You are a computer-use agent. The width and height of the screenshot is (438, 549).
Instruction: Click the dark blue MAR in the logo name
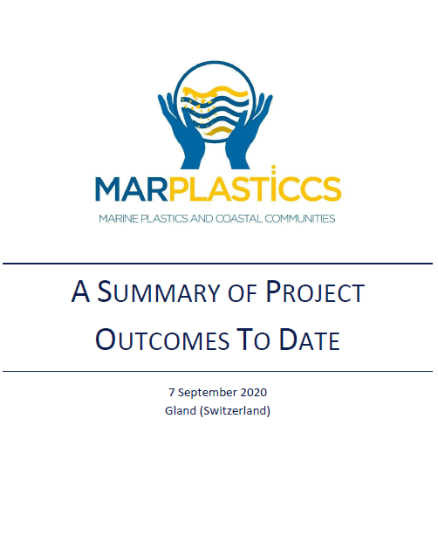(x=131, y=189)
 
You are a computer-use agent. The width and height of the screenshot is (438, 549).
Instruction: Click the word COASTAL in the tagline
(x=238, y=218)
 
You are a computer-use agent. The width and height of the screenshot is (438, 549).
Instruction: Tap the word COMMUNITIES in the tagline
(x=300, y=218)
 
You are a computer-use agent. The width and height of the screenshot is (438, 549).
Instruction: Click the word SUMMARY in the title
(x=158, y=292)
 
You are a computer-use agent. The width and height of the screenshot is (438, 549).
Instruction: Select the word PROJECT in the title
(x=315, y=292)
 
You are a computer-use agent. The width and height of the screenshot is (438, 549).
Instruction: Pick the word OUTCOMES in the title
(x=162, y=340)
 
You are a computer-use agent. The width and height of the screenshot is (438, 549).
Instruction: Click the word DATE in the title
(x=310, y=340)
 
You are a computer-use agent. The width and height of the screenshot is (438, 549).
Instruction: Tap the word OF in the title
(x=243, y=293)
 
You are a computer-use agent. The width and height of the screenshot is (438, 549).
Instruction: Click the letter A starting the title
(x=80, y=292)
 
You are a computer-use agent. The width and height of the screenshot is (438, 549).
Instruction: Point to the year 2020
(x=254, y=392)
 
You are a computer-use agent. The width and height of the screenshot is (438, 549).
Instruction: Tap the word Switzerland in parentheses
(x=235, y=410)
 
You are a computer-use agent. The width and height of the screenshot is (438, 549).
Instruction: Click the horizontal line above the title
(x=217, y=264)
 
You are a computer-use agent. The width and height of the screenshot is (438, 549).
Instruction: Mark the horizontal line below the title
(x=217, y=371)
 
